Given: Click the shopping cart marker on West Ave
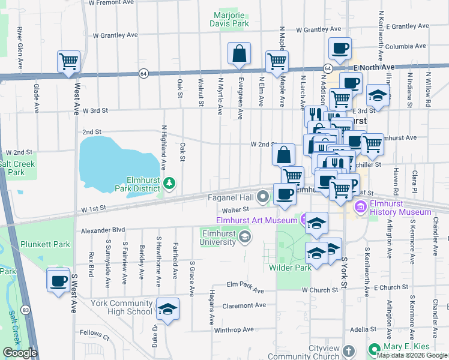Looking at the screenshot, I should click(x=69, y=61).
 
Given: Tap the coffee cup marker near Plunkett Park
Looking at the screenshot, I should click(x=58, y=281).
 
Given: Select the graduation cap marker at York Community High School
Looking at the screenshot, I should click(x=168, y=309).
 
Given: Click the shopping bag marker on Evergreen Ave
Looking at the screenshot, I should click(x=240, y=53).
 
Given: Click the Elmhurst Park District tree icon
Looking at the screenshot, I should click(x=170, y=182).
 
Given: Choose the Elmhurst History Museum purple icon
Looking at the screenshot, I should click(x=361, y=207).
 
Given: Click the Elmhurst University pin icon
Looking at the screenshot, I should click(x=244, y=238).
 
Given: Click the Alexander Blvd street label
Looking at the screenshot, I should click(x=103, y=229).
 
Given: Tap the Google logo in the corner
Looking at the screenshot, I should click(x=20, y=353).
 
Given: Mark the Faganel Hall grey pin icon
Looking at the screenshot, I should click(x=263, y=196).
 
